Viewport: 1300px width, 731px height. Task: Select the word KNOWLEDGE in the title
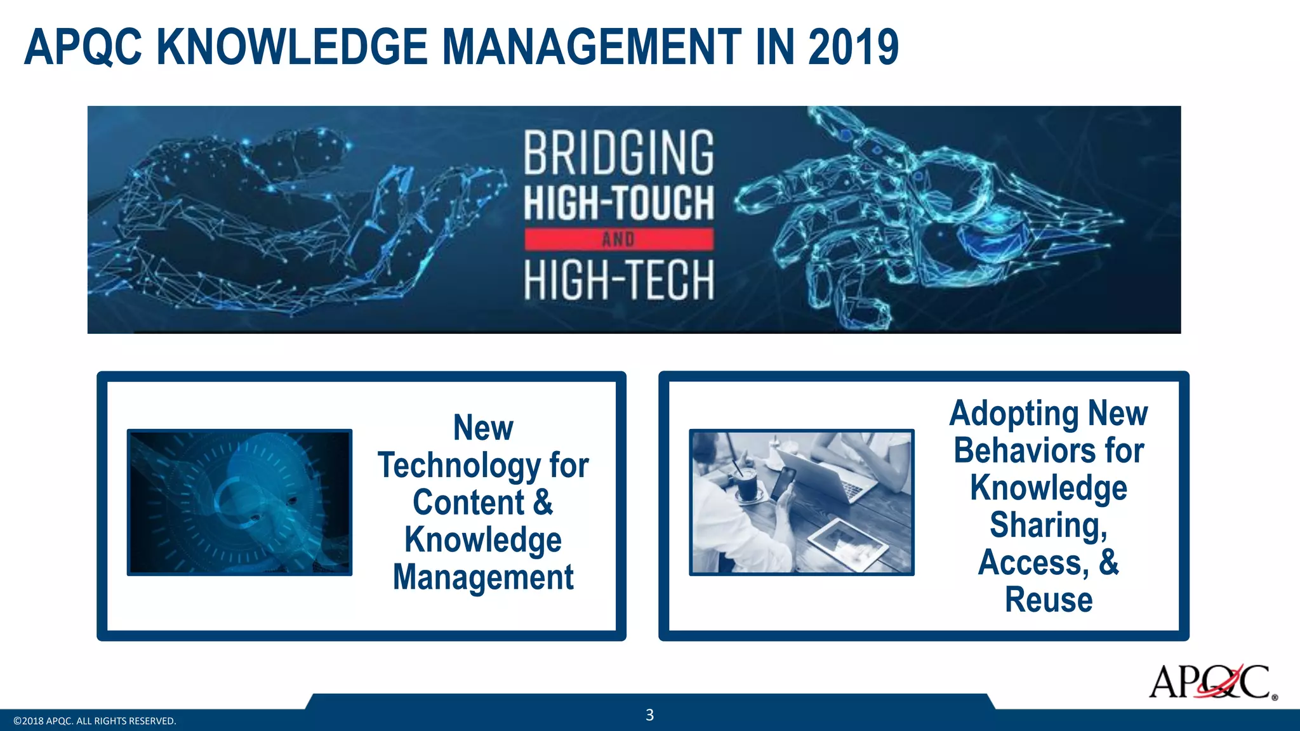(x=292, y=48)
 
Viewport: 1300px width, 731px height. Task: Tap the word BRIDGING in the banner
(x=619, y=153)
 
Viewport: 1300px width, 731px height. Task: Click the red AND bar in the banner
(x=619, y=239)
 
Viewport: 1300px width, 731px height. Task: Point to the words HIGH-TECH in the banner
(x=619, y=280)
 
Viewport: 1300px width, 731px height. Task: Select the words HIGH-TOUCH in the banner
(x=619, y=202)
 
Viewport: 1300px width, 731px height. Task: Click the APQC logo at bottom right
(x=1211, y=682)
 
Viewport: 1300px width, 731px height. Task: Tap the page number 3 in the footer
(x=649, y=715)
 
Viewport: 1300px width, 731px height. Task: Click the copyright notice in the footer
(x=95, y=721)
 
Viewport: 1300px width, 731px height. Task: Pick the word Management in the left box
(x=483, y=577)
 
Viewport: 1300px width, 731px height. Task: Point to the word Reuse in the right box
(x=1049, y=600)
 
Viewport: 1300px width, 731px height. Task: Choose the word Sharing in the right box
(x=1048, y=525)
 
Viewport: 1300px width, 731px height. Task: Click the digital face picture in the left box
(x=239, y=503)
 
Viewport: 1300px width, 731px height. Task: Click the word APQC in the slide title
(x=83, y=48)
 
